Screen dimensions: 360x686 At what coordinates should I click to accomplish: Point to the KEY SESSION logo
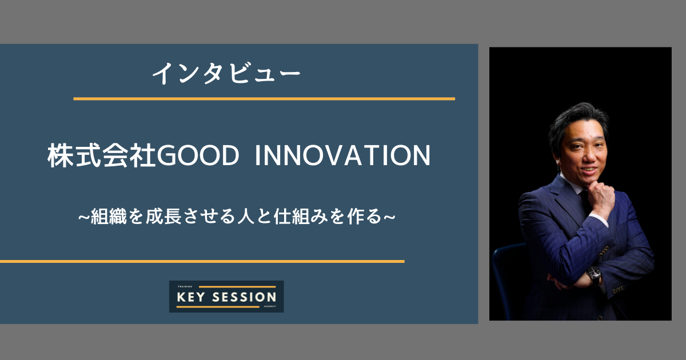pos(226,297)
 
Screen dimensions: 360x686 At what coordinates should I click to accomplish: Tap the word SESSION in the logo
pos(245,297)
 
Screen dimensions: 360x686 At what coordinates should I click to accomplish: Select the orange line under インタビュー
pos(264,99)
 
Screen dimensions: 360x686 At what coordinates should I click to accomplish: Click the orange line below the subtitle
pos(202,261)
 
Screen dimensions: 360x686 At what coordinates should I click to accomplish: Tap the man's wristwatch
pos(595,276)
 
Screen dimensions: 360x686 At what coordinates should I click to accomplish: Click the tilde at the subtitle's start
pos(83,218)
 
